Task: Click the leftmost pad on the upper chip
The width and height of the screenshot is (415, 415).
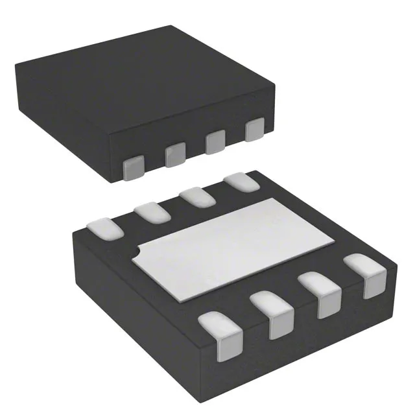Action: (x=134, y=168)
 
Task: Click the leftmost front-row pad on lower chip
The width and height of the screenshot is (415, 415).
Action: (x=220, y=333)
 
